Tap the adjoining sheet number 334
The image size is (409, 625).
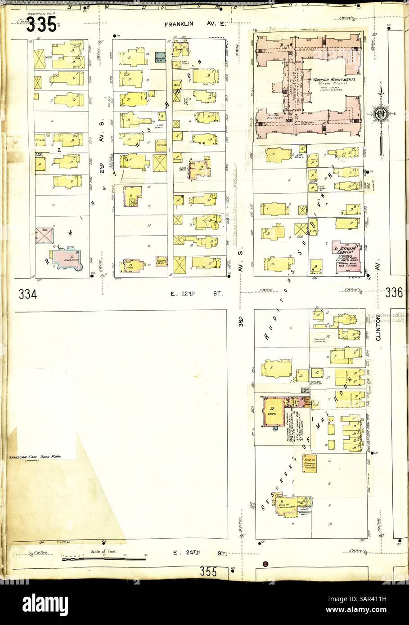pyautogui.click(x=28, y=295)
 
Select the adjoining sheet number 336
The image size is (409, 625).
pyautogui.click(x=393, y=293)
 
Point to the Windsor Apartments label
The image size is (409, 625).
pyautogui.click(x=333, y=79)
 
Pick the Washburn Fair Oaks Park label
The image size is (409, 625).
pyautogui.click(x=36, y=457)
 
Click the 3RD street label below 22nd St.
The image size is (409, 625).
pyautogui.click(x=241, y=323)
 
